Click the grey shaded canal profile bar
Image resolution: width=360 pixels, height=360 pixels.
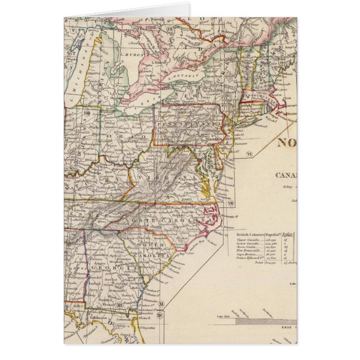(x=260, y=321)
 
